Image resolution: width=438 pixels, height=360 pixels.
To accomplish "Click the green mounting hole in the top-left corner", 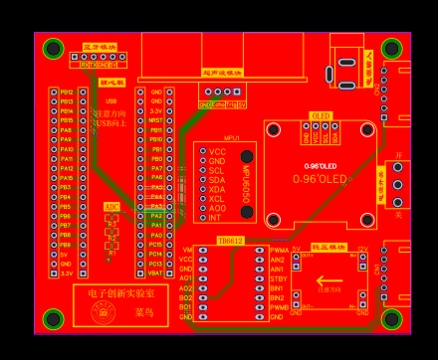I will point(53,48).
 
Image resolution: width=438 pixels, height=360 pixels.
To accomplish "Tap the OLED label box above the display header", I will point(321,116).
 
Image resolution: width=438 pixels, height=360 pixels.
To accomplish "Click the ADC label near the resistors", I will point(111,206).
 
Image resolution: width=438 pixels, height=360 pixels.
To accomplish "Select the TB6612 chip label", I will point(231,241).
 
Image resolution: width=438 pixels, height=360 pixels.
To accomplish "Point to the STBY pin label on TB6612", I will point(277,278).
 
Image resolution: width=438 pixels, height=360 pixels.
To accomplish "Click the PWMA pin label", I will point(278,251).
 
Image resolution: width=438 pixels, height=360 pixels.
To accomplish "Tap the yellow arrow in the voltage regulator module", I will point(329,280).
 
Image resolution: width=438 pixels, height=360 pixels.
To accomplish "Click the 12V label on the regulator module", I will point(361,250).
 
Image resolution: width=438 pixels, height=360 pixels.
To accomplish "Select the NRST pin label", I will point(156,120).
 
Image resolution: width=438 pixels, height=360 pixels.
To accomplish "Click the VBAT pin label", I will point(156,271).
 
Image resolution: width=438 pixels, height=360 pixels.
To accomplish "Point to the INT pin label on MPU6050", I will point(215,217).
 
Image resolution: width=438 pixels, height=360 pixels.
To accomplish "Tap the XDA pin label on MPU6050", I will point(217,189).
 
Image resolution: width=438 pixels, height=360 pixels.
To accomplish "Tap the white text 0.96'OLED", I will point(321,178).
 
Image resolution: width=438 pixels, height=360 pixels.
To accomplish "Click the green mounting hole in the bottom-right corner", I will point(391,319).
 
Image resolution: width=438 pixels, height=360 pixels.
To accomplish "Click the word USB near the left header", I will point(110,101).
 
